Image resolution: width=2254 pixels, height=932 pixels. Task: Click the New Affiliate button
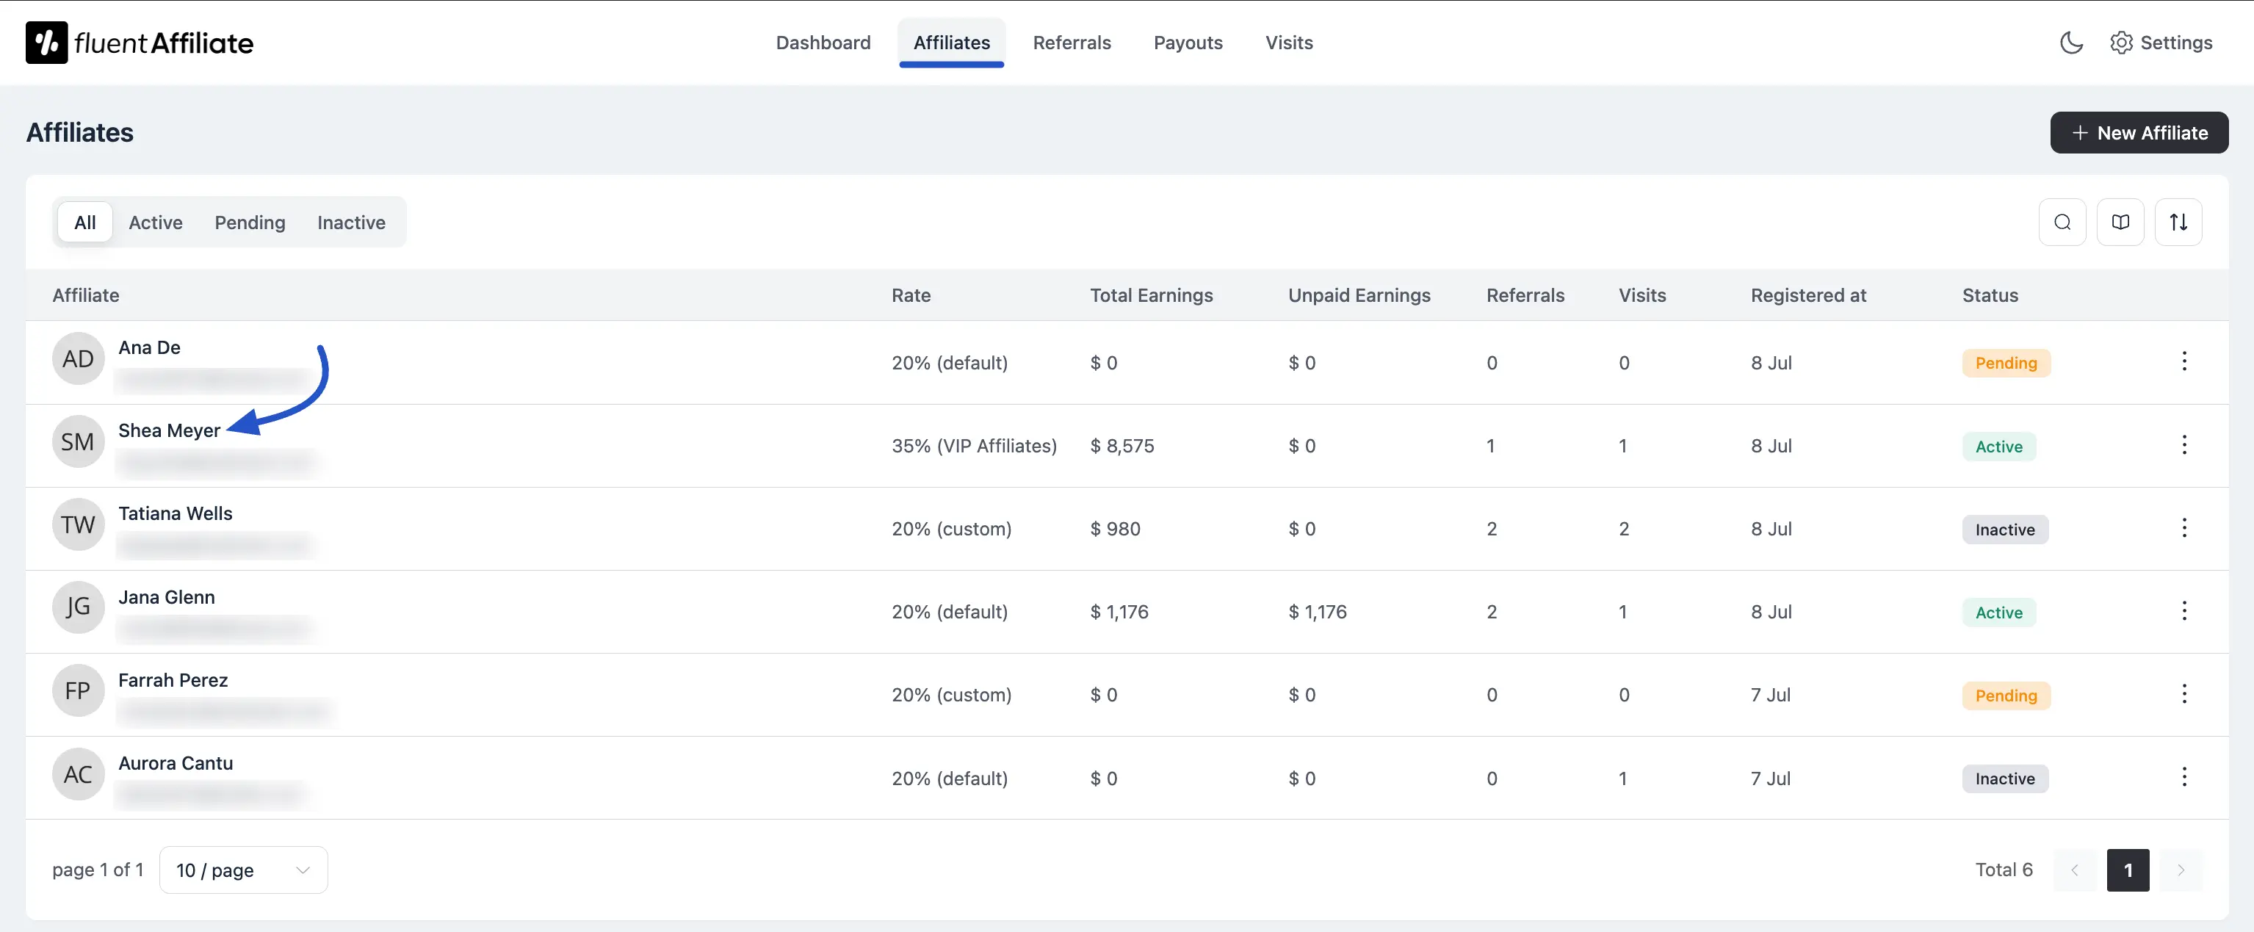tap(2139, 133)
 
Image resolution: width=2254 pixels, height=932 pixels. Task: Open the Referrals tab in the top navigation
tap(1071, 43)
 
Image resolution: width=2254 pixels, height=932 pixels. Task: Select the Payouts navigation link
tap(1188, 43)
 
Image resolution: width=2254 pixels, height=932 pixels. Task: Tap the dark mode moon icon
tap(2070, 43)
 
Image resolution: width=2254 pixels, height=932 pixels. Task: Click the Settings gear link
tap(2161, 43)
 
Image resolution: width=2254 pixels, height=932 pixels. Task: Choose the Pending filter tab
tap(250, 223)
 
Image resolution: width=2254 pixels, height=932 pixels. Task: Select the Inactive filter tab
tap(351, 223)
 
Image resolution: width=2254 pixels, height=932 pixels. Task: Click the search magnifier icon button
tap(2062, 223)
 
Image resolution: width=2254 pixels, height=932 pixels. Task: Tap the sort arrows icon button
tap(2178, 223)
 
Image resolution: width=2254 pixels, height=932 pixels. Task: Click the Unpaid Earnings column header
tap(1358, 296)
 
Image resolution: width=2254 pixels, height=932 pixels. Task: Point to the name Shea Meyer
tap(169, 430)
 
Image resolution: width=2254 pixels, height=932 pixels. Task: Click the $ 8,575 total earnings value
tap(1121, 447)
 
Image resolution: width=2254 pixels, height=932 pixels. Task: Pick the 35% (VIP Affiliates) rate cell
tap(973, 447)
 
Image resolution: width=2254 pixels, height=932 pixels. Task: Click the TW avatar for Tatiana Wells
tap(78, 525)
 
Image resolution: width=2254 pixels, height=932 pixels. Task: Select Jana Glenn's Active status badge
tap(1998, 613)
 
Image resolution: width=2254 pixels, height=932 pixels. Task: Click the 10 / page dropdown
tap(243, 870)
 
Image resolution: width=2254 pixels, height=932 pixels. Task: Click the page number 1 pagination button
tap(2127, 870)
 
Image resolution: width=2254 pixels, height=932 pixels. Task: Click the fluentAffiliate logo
tap(140, 43)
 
